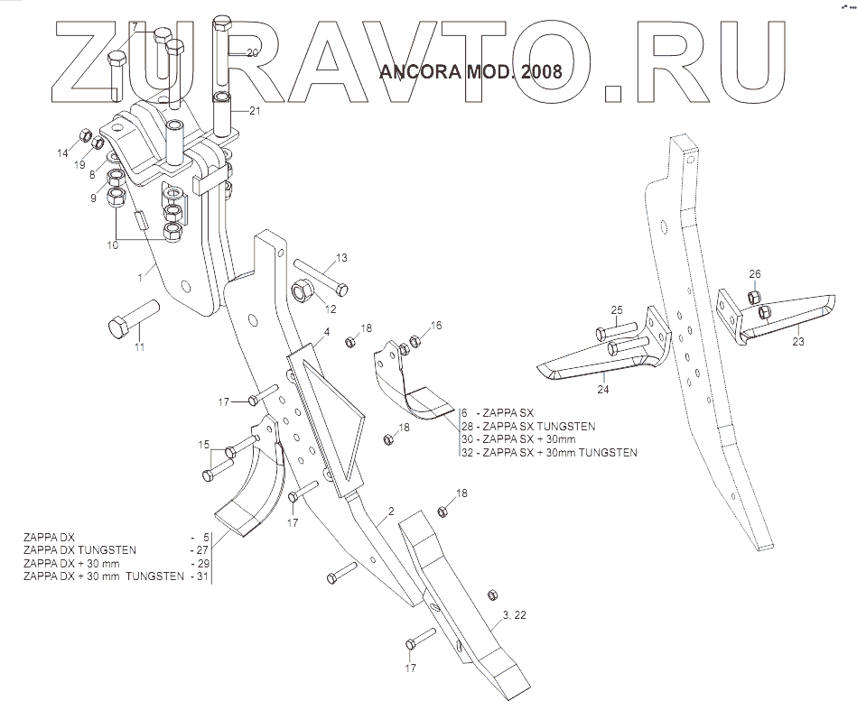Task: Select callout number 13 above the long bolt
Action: click(x=341, y=259)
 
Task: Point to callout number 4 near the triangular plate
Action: click(x=327, y=332)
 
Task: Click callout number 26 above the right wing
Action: click(x=755, y=273)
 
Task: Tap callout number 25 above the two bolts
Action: click(x=616, y=310)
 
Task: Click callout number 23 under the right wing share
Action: click(x=797, y=342)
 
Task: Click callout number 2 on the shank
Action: click(x=390, y=512)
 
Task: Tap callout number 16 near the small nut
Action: click(x=436, y=325)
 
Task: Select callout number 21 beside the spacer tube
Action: click(x=254, y=111)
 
